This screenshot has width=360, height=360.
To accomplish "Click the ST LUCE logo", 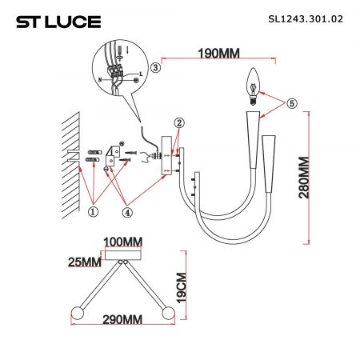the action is pos(58,22).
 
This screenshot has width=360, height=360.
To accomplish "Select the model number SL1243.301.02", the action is pos(306,19).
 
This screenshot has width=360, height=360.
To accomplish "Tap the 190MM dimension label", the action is pos(218,54).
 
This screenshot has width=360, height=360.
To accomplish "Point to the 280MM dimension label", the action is pos(304,178).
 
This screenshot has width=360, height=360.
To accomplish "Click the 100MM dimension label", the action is pos(122,242).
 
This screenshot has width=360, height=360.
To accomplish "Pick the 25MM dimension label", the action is pos(85,262).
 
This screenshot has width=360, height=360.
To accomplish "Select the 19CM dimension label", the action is pos(182,288).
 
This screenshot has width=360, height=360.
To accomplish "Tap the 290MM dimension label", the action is pos(122,319).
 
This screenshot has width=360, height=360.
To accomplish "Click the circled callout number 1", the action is pos(93,212).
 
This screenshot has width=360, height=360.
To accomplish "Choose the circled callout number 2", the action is pos(179,123).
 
